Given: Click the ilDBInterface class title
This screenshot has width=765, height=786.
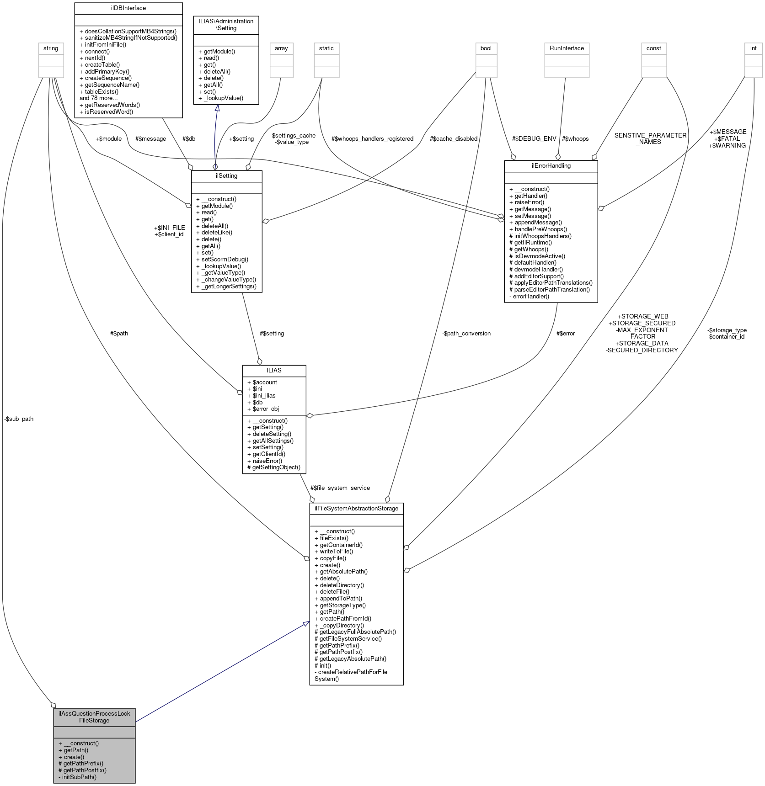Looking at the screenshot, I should pyautogui.click(x=128, y=8).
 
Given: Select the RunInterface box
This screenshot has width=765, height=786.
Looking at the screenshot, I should pyautogui.click(x=567, y=48).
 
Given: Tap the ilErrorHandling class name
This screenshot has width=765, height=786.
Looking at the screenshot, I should pyautogui.click(x=551, y=166).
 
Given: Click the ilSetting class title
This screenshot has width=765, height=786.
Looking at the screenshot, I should pyautogui.click(x=226, y=176).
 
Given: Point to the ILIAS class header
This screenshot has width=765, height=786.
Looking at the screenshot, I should pyautogui.click(x=274, y=370).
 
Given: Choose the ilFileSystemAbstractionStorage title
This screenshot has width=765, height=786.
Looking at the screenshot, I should pyautogui.click(x=356, y=508).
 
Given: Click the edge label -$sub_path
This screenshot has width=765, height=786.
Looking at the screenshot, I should pyautogui.click(x=19, y=419).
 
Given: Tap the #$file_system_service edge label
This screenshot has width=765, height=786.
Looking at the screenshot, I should pyautogui.click(x=340, y=488).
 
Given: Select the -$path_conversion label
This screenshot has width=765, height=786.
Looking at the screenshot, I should pyautogui.click(x=466, y=333).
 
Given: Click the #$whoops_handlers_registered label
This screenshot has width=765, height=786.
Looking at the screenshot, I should pyautogui.click(x=373, y=138).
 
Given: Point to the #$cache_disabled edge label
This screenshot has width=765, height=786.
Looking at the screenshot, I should pyautogui.click(x=454, y=138).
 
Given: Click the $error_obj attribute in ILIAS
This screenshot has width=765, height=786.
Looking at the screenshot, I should pyautogui.click(x=265, y=409).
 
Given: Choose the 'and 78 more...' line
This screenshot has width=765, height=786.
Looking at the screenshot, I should pyautogui.click(x=99, y=98).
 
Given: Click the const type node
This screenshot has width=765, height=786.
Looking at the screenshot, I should pyautogui.click(x=653, y=48).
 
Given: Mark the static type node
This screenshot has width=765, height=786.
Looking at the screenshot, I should pyautogui.click(x=326, y=48).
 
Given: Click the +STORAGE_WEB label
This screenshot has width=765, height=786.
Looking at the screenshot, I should pyautogui.click(x=642, y=316).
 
